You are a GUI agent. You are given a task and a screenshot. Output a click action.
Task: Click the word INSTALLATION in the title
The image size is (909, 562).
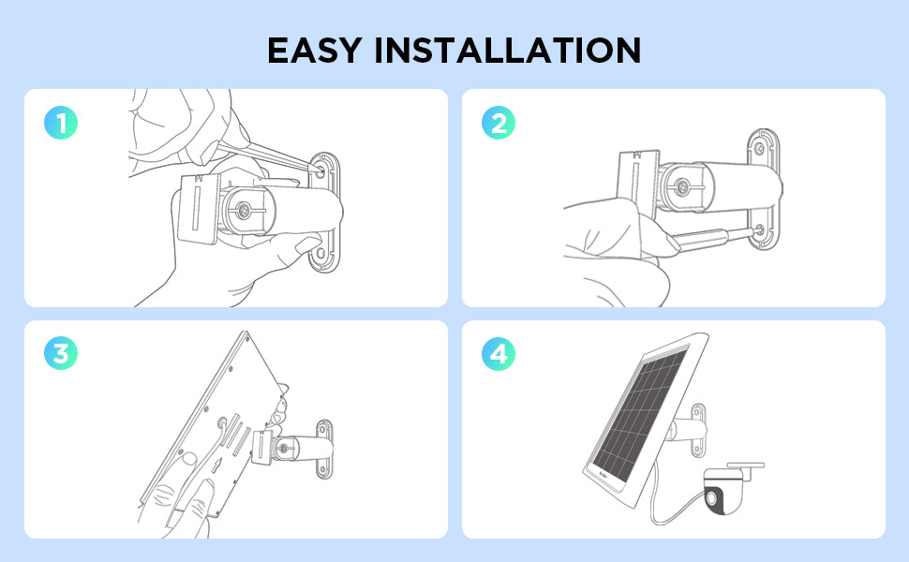[x=508, y=50]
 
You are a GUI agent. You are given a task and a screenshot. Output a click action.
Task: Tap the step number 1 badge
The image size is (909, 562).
[x=61, y=123]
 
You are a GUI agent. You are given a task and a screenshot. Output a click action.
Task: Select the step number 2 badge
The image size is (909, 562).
[x=499, y=123]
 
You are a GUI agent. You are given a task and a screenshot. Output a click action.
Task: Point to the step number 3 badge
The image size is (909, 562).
[x=61, y=353]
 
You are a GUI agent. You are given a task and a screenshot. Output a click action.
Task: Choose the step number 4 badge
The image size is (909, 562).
[x=499, y=353]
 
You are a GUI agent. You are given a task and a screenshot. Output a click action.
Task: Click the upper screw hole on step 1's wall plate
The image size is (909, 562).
[x=320, y=170]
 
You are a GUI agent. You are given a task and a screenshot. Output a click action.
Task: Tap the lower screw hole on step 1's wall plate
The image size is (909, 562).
[x=320, y=254]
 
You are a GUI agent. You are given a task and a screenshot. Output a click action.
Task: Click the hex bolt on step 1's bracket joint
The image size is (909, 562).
[x=244, y=209]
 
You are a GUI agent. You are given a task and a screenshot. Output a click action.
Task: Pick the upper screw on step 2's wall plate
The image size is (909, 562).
[x=759, y=149]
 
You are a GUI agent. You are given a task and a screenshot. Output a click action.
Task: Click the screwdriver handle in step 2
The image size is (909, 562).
[x=697, y=239]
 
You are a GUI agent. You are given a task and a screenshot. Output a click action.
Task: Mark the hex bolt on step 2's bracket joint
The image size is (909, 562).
[x=682, y=186]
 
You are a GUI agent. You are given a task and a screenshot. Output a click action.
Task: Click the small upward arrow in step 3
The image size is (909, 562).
[x=217, y=465]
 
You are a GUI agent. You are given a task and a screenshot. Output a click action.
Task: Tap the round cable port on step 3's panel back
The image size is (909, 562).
[x=223, y=424]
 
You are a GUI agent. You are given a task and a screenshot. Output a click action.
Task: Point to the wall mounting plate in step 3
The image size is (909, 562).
[x=324, y=450]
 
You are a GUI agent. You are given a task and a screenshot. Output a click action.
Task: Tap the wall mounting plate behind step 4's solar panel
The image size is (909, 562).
[x=698, y=429]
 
